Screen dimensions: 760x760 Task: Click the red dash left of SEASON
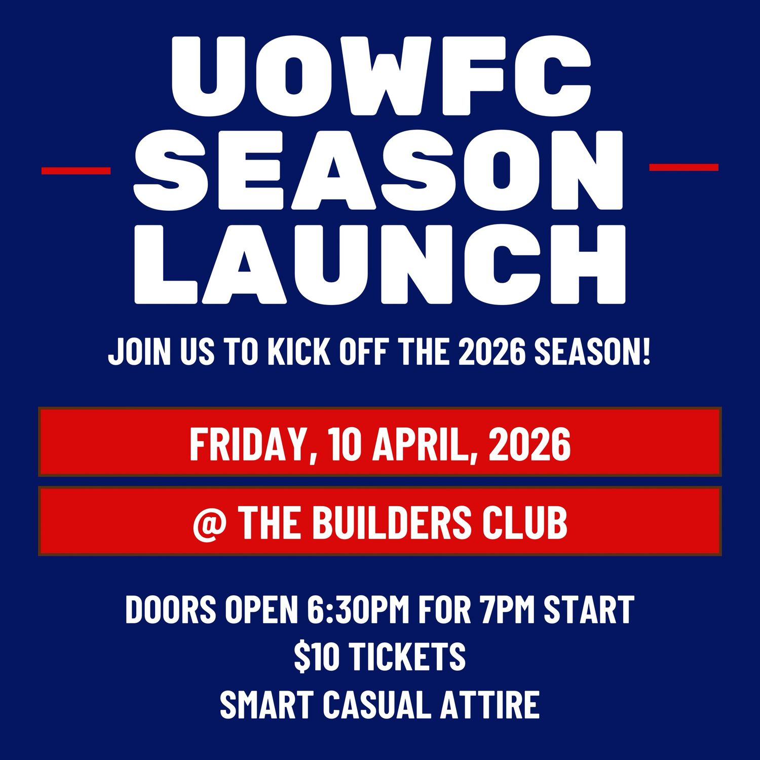click(76, 171)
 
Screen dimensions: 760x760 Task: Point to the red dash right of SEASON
click(683, 167)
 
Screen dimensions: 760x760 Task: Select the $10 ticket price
click(317, 657)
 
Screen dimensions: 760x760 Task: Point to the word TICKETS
click(408, 657)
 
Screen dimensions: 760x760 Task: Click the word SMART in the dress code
click(267, 704)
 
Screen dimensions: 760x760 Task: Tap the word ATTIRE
click(489, 704)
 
